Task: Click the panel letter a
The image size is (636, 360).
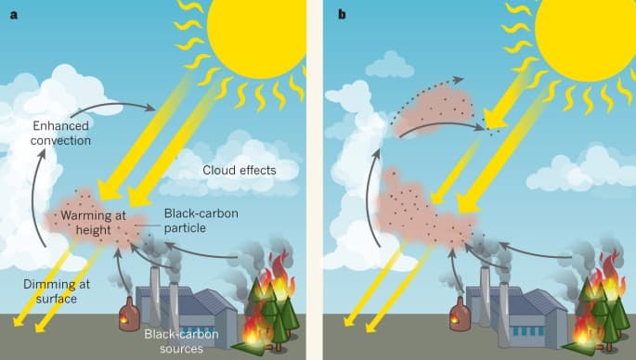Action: point(14,15)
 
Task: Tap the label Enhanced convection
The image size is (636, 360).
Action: point(61,133)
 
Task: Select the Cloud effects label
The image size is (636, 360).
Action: point(240,171)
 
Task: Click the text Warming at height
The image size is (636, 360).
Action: point(93,223)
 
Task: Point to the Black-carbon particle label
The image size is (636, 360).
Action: point(201,221)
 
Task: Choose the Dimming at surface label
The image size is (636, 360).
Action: point(57,291)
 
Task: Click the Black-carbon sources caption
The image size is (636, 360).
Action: point(181,341)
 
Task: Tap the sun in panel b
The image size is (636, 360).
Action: point(585,36)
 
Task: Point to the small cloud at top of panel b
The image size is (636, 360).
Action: point(390,65)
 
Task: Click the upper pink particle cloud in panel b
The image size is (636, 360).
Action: point(434,109)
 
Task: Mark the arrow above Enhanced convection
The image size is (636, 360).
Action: point(113,105)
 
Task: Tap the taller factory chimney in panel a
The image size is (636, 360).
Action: point(154,296)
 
